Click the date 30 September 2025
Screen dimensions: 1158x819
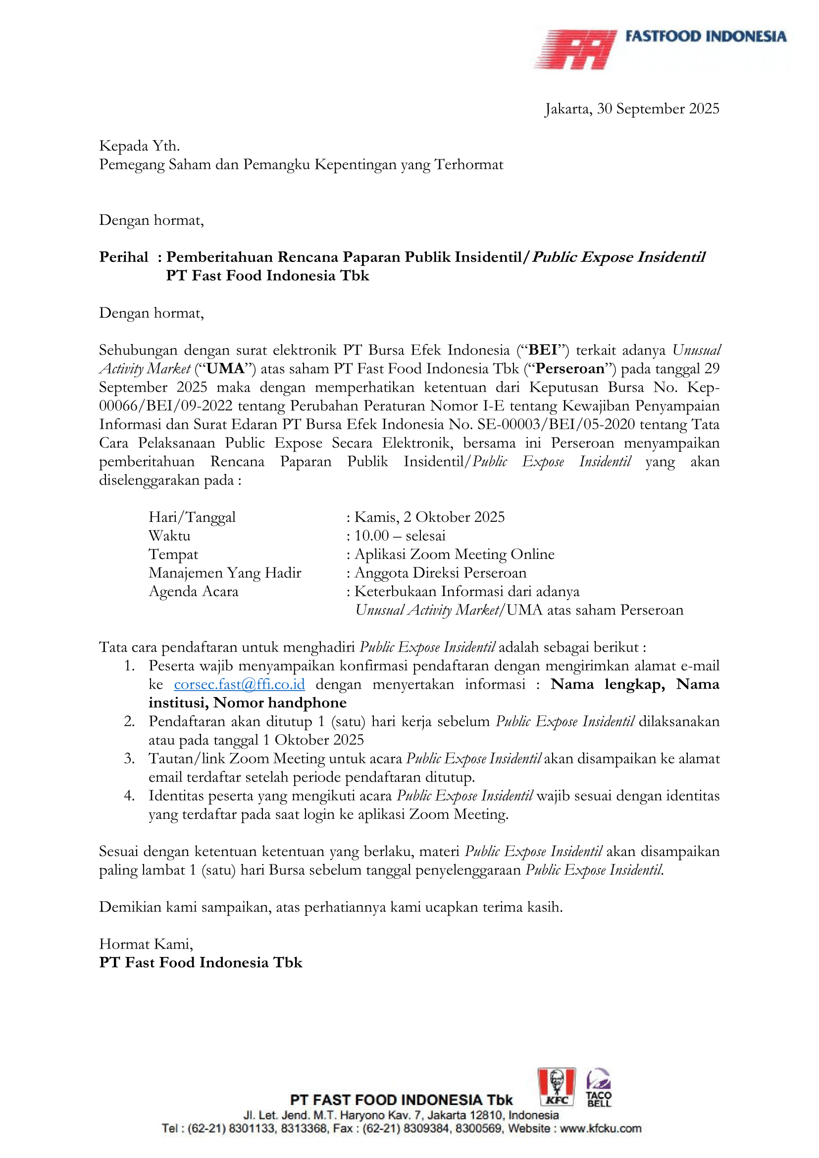pos(658,109)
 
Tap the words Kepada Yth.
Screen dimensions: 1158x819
pos(139,146)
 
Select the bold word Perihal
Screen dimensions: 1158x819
pos(124,257)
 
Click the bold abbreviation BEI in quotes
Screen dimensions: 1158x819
pos(543,350)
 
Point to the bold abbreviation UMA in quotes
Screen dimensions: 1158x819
pos(225,369)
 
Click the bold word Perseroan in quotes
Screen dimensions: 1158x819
pos(570,369)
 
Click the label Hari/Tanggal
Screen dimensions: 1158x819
pos(192,517)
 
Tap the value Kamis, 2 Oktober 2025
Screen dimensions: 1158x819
pos(429,517)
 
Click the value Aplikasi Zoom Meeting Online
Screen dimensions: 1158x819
pos(454,554)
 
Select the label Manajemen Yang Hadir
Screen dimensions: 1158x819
pos(224,573)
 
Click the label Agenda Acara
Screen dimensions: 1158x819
pos(193,592)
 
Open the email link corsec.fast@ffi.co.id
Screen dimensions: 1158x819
pos(239,684)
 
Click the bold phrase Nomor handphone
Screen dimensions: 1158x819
pos(280,703)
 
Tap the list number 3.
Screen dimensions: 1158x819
pos(129,758)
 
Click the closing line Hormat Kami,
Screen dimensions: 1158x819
pos(146,944)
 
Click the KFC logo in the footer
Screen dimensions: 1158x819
pos(556,1087)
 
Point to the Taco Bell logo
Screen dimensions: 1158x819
pos(599,1088)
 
